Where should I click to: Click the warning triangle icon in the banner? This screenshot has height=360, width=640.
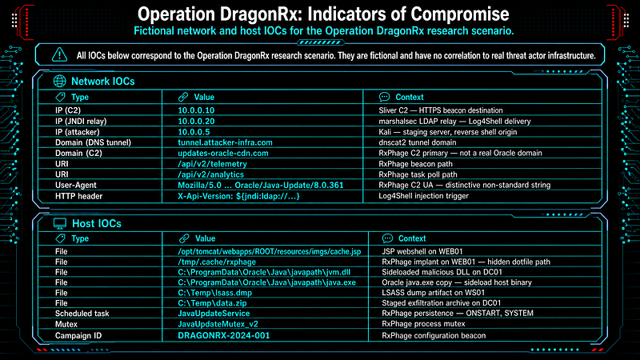click(x=59, y=54)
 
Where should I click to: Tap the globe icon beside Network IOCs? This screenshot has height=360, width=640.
click(x=59, y=82)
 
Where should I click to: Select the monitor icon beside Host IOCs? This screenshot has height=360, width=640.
click(x=60, y=224)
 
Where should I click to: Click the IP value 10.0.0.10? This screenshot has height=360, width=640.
click(x=196, y=110)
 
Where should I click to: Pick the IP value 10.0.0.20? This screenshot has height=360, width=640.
click(x=196, y=122)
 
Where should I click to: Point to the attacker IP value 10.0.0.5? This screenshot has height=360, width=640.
click(x=194, y=132)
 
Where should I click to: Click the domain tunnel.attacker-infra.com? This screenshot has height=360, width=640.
click(x=225, y=142)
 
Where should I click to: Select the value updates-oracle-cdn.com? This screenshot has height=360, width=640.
click(x=223, y=153)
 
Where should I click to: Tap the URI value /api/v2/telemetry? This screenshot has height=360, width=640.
click(x=212, y=164)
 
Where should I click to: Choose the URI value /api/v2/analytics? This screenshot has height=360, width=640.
click(x=210, y=174)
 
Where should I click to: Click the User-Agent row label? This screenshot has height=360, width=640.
click(x=76, y=185)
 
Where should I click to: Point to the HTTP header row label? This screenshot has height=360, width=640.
click(x=78, y=196)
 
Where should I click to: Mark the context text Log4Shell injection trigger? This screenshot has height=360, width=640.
click(x=424, y=195)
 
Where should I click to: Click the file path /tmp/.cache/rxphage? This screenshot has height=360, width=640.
click(x=217, y=262)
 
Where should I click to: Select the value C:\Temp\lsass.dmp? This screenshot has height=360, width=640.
click(x=214, y=293)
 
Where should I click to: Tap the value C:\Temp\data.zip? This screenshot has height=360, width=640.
click(x=212, y=303)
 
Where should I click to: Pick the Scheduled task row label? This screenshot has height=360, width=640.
click(x=82, y=314)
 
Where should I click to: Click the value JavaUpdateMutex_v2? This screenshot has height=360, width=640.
click(x=218, y=324)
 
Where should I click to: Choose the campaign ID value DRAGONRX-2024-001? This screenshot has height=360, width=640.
click(x=224, y=335)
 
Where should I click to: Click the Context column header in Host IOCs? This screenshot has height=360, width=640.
click(x=412, y=238)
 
